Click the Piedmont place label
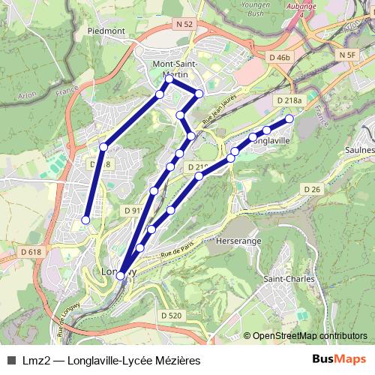106,31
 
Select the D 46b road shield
279,57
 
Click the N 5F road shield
346,55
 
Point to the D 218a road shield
289,100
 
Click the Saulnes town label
361,150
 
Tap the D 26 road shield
313,190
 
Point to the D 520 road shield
171,316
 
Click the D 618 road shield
31,252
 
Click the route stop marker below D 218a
289,118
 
